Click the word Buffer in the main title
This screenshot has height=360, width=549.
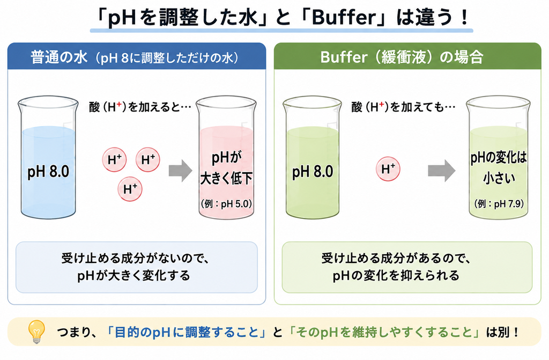pos(343,17)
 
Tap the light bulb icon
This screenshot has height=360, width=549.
pos(37,331)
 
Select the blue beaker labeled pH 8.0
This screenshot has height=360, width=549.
pos(48,158)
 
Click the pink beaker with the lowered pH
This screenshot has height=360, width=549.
pos(226,158)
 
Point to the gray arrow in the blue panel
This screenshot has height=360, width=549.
pos(181,171)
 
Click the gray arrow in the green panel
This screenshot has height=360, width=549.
pos(442,171)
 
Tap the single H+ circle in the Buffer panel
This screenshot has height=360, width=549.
pos(388,169)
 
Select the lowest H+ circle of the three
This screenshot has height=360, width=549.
pos(130,189)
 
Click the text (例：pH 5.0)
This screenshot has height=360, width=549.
pos(226,204)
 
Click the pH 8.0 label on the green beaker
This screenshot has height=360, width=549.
pos(313,172)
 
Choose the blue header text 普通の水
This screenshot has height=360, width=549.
pos(59,57)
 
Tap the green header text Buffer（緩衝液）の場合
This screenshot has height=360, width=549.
pos(402,57)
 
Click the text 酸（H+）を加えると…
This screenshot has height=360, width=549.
pos(140,107)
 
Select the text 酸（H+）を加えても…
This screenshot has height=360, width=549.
pos(403,107)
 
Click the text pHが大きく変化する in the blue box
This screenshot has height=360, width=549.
pos(133,276)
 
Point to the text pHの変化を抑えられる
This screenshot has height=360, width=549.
pos(396,276)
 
